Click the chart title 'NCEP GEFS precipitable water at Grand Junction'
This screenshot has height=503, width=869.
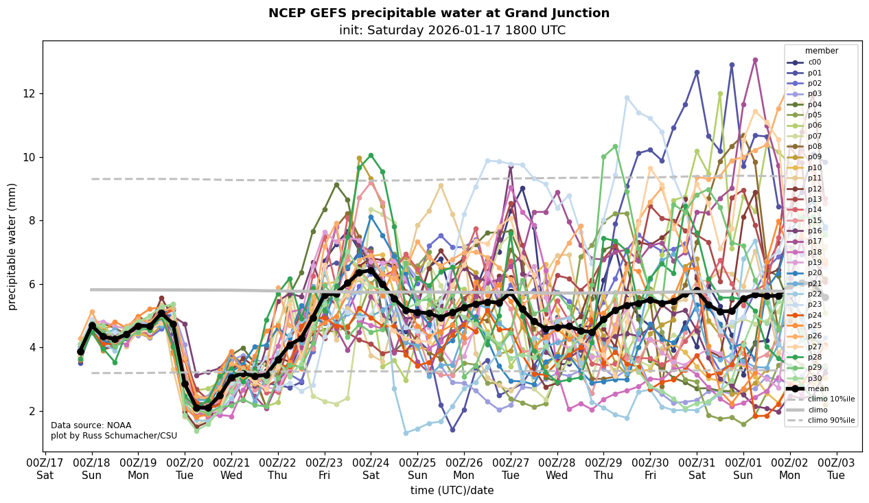[439, 13]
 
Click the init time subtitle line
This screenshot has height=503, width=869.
[452, 30]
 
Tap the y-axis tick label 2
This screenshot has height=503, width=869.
[32, 411]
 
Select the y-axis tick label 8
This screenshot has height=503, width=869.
[32, 220]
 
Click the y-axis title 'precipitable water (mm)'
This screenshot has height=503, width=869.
[12, 246]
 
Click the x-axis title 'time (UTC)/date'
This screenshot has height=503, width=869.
[452, 490]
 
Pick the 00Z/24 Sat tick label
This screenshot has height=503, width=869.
[371, 467]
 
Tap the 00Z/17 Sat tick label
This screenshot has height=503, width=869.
[45, 467]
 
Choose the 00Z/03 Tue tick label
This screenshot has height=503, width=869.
[836, 467]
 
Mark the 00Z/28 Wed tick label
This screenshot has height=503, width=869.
[557, 467]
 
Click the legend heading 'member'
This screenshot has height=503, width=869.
[821, 51]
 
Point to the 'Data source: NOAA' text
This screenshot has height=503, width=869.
[91, 425]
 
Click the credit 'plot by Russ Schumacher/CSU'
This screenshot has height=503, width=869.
[113, 436]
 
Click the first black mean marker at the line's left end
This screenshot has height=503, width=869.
[80, 351]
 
